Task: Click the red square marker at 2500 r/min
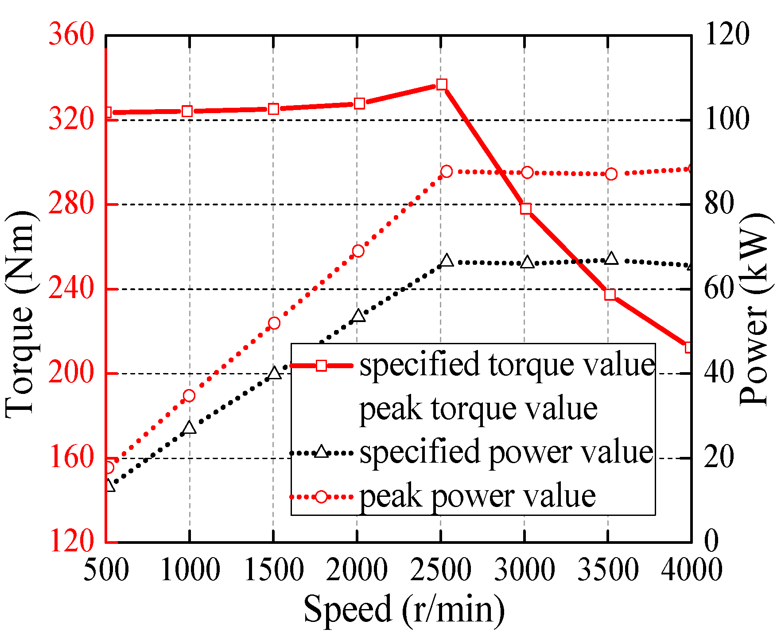(442, 84)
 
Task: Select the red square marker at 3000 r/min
(526, 208)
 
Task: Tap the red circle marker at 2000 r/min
(358, 251)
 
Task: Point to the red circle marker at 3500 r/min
(611, 174)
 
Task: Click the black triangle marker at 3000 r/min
(527, 262)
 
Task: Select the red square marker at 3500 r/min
(610, 295)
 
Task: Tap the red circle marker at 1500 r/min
(274, 323)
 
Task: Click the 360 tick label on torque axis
(71, 34)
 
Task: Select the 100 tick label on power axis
(727, 119)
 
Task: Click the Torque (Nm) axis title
(20, 313)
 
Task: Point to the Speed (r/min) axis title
(404, 609)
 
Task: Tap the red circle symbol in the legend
(322, 496)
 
